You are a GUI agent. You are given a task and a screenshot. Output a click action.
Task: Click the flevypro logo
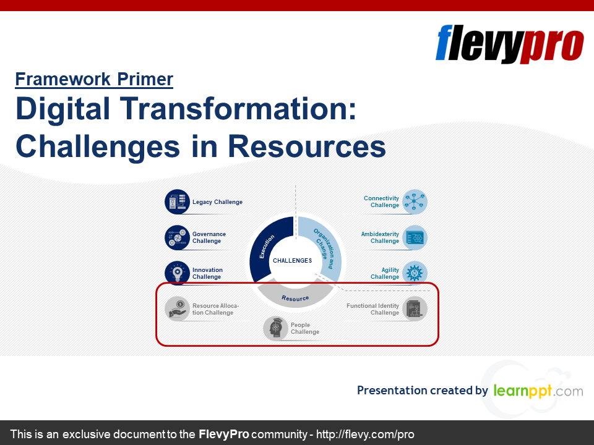[x=509, y=44]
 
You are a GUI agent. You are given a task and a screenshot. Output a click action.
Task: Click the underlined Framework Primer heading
[x=94, y=80]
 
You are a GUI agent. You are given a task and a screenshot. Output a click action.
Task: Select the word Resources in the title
[x=307, y=147]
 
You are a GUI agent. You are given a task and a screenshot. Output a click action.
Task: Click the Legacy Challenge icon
[x=177, y=201]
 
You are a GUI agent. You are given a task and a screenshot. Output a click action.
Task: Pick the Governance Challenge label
[x=209, y=237]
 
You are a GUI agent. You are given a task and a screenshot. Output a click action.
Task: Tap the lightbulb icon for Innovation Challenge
[x=177, y=273]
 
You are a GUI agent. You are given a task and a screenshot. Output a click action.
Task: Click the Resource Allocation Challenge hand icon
[x=177, y=309]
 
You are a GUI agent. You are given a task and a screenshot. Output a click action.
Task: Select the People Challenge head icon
[x=275, y=328]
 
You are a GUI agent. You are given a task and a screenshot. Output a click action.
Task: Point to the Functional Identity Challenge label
[x=372, y=309]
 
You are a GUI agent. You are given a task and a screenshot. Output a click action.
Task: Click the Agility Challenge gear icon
[x=415, y=273]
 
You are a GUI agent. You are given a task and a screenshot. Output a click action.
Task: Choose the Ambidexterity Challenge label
[x=380, y=237]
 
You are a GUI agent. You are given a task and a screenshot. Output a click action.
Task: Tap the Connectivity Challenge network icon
[x=415, y=201]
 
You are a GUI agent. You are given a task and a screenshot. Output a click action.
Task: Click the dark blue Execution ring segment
[x=265, y=246]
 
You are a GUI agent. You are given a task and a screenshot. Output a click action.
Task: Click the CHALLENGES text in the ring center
[x=293, y=261]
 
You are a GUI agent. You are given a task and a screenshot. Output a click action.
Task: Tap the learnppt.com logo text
[x=538, y=391]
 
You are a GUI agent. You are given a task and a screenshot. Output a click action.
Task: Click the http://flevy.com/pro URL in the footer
[x=365, y=434]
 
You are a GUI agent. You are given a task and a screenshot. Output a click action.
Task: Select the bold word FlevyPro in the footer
[x=223, y=434]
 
